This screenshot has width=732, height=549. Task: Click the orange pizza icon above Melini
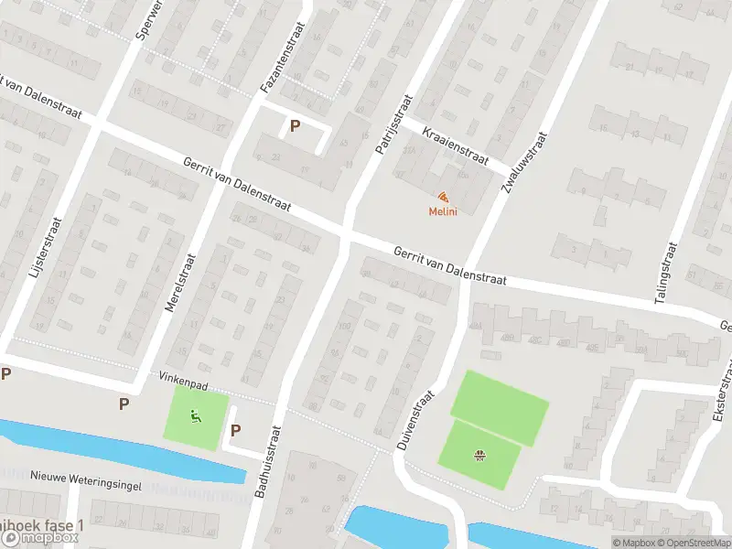(443, 198)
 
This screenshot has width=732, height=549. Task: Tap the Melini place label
(443, 212)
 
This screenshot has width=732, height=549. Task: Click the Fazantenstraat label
(273, 59)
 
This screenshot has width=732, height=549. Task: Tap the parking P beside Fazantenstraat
(295, 126)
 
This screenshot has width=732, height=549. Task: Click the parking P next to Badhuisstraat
(235, 430)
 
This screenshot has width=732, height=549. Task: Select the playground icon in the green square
(196, 417)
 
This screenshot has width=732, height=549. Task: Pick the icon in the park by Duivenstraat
(479, 455)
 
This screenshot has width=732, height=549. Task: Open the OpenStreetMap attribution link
(688, 543)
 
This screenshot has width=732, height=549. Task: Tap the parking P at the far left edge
(5, 373)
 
